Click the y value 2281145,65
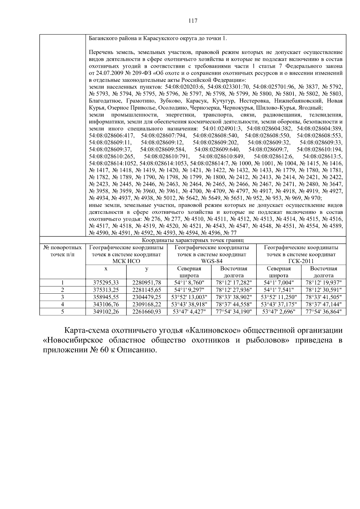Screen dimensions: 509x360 coord(147,290)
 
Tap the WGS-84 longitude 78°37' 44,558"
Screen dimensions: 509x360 coord(234,304)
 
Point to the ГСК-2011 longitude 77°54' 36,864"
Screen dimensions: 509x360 coord(323,312)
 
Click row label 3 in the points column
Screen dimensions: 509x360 coord(62,297)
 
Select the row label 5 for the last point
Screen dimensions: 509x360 coord(62,312)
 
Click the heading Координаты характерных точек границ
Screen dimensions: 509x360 coord(193,240)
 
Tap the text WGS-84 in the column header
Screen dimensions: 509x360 coord(211,261)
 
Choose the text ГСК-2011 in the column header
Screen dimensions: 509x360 coord(301,261)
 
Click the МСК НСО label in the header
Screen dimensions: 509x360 coord(126,261)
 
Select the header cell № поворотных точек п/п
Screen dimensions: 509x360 coord(62,251)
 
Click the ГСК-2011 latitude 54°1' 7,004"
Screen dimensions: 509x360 coord(278,283)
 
